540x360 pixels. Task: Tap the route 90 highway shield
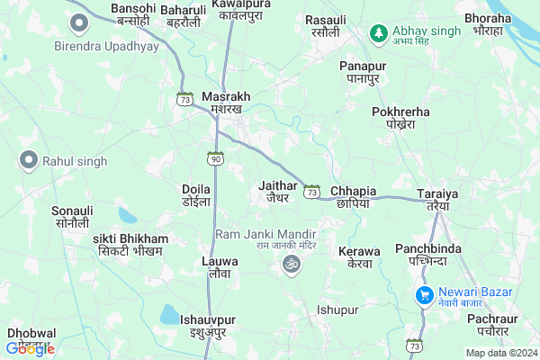(x=215, y=158)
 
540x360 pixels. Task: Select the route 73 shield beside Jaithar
(x=311, y=192)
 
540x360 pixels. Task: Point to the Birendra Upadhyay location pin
(x=79, y=22)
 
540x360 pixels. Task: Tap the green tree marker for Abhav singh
(x=379, y=32)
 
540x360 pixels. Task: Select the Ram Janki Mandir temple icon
(x=290, y=265)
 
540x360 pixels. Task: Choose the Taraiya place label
(x=438, y=200)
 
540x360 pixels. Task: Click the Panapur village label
(x=363, y=72)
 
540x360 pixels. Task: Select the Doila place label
(x=196, y=194)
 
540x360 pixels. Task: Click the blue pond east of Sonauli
(x=127, y=216)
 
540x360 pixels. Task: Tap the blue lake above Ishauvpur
(x=169, y=314)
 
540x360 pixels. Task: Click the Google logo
(x=30, y=348)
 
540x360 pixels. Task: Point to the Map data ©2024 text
(x=499, y=352)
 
